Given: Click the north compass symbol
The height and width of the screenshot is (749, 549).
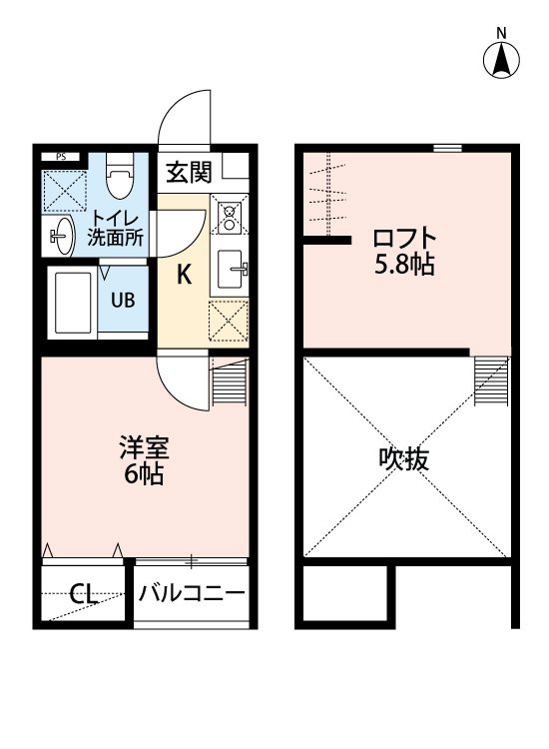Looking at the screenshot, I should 502,59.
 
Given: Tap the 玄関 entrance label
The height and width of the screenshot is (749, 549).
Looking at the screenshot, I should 189,172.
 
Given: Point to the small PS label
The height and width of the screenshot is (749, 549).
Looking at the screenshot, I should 61,157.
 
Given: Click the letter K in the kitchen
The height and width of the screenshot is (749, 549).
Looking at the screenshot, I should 185,276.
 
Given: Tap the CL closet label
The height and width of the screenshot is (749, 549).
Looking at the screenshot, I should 83,595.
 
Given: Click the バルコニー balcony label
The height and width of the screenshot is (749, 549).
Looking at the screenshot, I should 192,594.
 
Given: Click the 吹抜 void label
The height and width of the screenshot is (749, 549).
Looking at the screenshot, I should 404,459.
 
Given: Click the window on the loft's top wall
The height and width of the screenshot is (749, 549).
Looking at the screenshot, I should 448,149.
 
